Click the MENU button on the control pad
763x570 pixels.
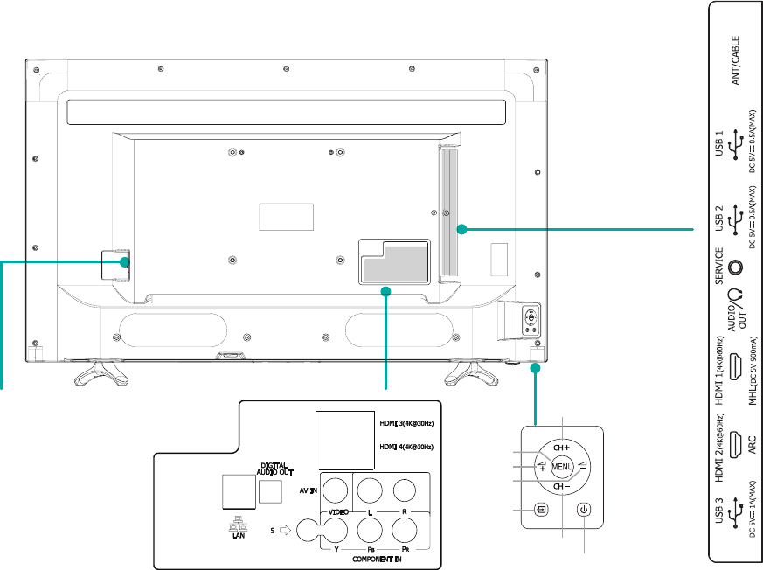pos(561,467)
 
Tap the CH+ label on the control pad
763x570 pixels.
pos(561,447)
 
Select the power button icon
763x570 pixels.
pos(584,510)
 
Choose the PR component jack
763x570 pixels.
pos(405,529)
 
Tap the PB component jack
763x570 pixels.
pos(371,529)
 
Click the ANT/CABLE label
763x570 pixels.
pos(736,60)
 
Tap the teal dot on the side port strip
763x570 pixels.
pos(461,230)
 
